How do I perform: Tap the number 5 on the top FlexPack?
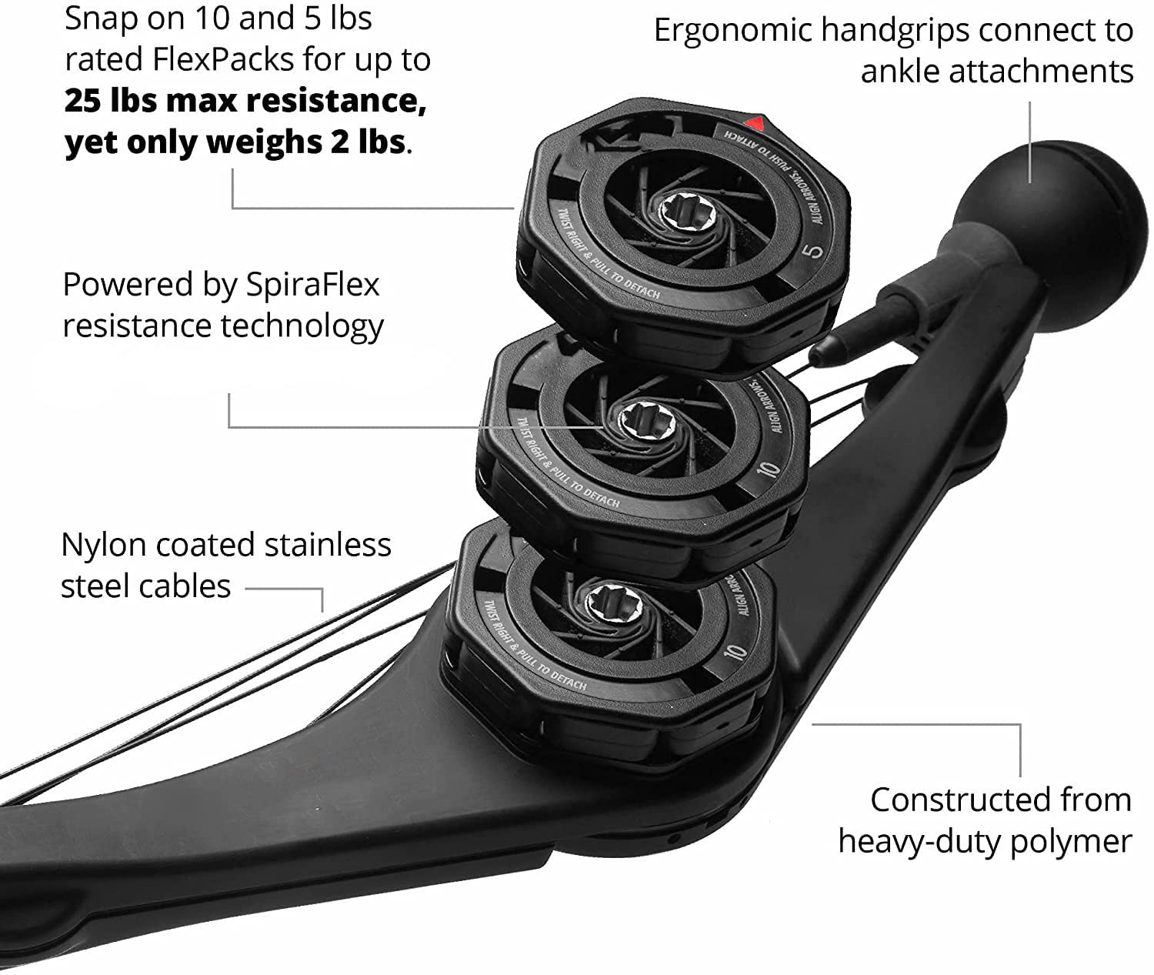tap(816, 249)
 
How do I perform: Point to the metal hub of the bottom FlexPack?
tap(605, 599)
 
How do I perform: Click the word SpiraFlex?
tap(312, 285)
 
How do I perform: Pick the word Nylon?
tap(103, 545)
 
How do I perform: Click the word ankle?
tap(899, 72)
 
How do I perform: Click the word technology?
tap(302, 326)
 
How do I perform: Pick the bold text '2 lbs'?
tap(367, 142)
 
